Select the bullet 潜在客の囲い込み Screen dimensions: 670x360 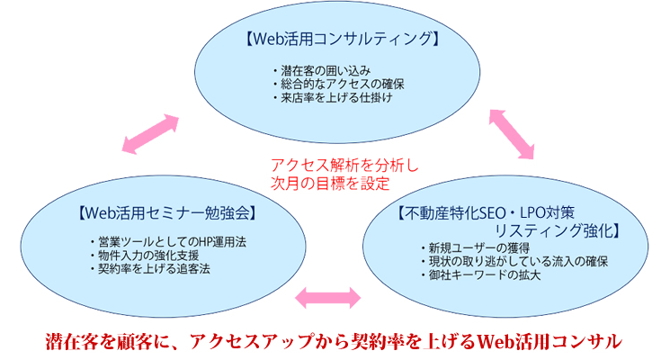pyautogui.click(x=322, y=70)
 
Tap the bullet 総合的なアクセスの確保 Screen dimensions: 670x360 pyautogui.click(x=339, y=85)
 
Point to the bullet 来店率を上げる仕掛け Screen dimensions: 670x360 pyautogui.click(x=333, y=97)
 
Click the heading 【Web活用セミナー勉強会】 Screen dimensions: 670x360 pyautogui.click(x=167, y=213)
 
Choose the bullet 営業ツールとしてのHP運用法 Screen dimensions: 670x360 pyautogui.click(x=168, y=242)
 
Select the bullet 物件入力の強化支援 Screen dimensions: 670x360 pyautogui.click(x=145, y=256)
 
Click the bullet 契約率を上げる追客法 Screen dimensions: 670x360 pyautogui.click(x=150, y=269)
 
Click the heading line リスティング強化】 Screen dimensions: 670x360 pyautogui.click(x=558, y=231)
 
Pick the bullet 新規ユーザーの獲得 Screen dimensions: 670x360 pyautogui.click(x=476, y=248)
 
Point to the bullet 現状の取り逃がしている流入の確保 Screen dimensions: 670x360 pyautogui.click(x=515, y=262)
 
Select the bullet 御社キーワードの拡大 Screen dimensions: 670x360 pyautogui.click(x=481, y=274)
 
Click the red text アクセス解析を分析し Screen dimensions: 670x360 pyautogui.click(x=344, y=165)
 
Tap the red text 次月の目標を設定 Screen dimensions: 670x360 pyautogui.click(x=330, y=184)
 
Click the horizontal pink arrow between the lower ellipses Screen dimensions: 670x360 pyautogui.click(x=327, y=298)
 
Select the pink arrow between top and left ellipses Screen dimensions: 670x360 pyautogui.click(x=150, y=134)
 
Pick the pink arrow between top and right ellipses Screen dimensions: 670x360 pyautogui.click(x=512, y=134)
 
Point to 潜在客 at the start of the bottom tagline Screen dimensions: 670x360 pyautogui.click(x=67, y=342)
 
